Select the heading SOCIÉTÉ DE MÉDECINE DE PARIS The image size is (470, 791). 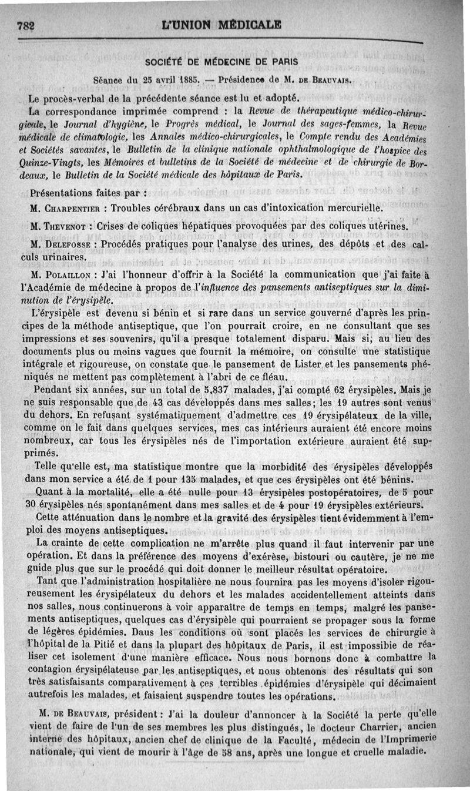(x=222, y=61)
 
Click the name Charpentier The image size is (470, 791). (x=73, y=208)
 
